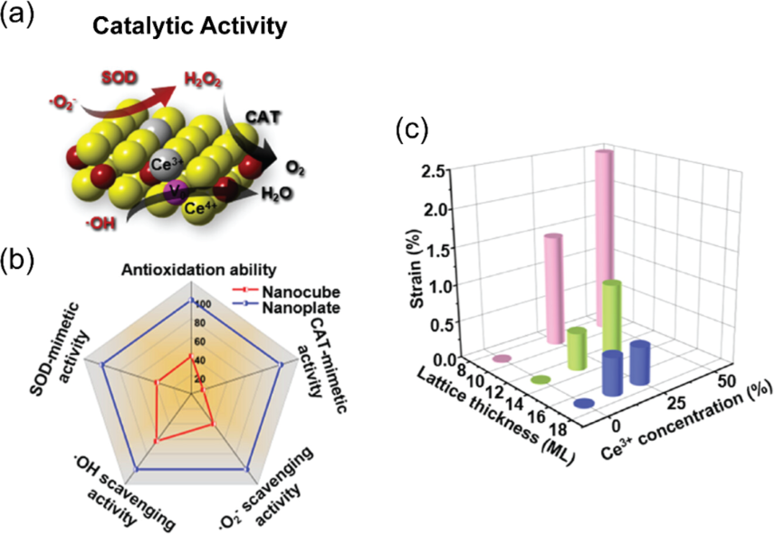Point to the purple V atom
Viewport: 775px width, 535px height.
click(x=177, y=191)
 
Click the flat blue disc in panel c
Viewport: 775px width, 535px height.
click(x=583, y=403)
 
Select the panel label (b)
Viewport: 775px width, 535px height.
click(x=21, y=262)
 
